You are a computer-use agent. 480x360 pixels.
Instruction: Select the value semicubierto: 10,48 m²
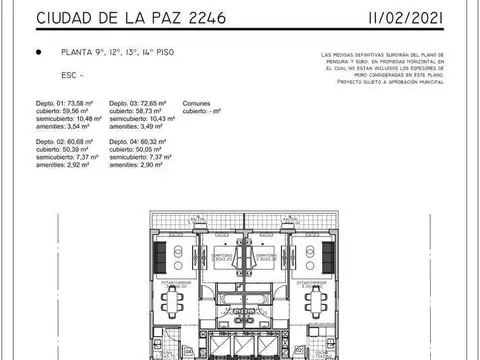click(x=70, y=119)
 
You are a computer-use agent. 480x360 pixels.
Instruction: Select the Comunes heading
click(x=196, y=103)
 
